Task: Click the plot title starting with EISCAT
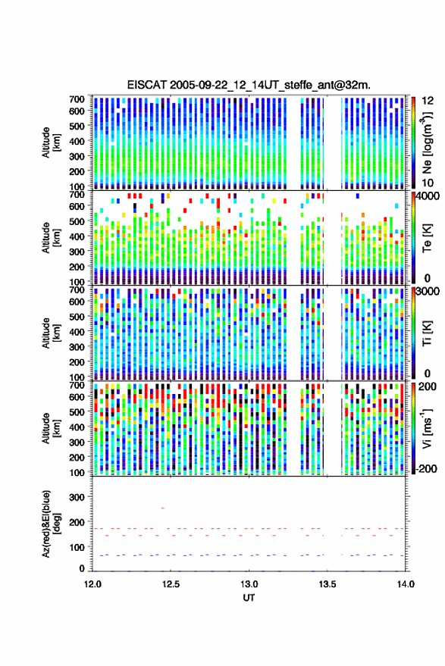tap(249, 85)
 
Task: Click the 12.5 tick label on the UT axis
tap(171, 584)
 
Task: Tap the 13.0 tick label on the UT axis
tap(249, 584)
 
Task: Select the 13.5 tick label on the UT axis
tap(327, 584)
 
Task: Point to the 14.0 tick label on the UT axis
tap(406, 584)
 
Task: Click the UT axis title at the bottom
tap(249, 598)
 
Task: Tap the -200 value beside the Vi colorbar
tap(426, 469)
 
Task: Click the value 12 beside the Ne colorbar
tap(428, 101)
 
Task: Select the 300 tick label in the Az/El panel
tap(77, 497)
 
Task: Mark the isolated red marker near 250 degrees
tap(162, 508)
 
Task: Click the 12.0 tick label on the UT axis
tap(92, 584)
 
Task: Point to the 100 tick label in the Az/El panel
tap(77, 547)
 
